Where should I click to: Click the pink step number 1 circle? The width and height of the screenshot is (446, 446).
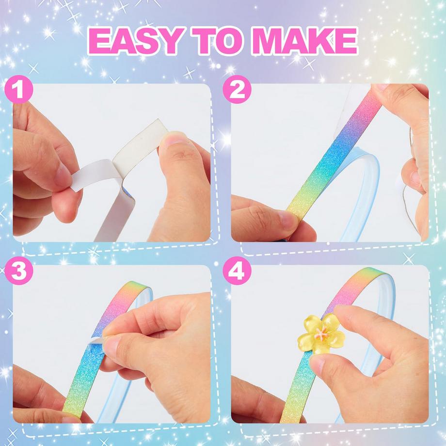coord(19,89)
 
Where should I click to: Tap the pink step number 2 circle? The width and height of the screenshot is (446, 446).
coord(237,89)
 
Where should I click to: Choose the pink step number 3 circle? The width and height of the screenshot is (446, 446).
coord(19,271)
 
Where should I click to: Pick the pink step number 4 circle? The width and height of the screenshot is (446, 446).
coord(237,271)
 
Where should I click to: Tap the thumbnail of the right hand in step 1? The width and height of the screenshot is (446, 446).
coord(174,139)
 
